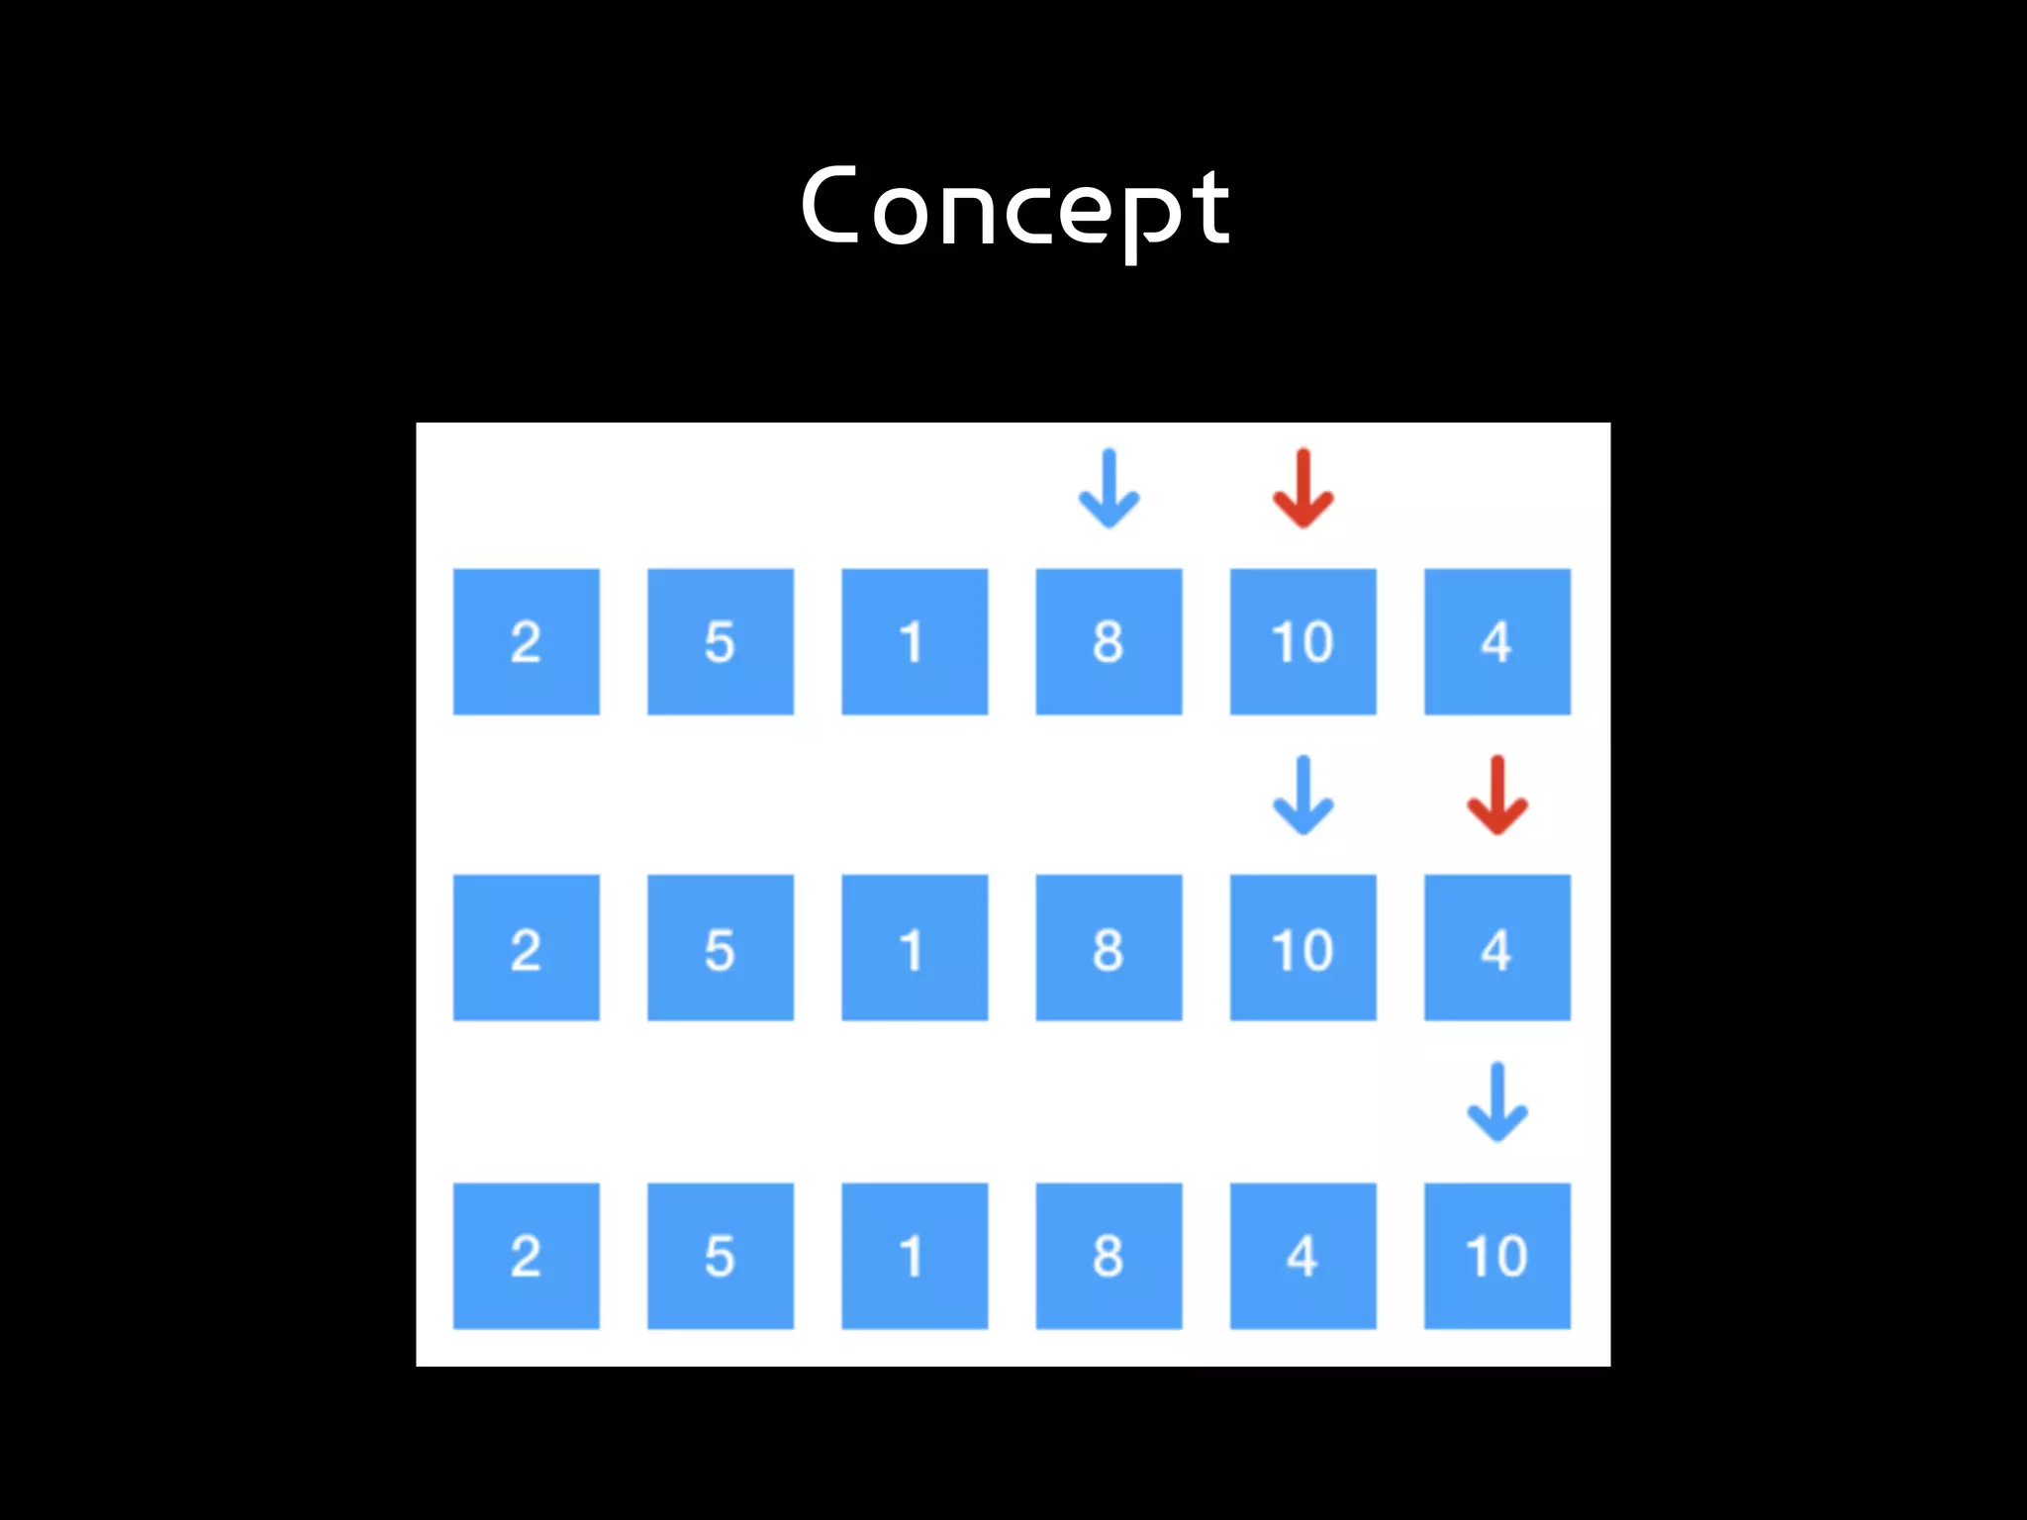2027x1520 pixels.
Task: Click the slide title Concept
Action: point(1014,208)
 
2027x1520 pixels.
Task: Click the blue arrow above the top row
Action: point(1109,489)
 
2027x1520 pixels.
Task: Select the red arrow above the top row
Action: point(1303,489)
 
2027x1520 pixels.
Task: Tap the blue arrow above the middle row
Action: point(1303,796)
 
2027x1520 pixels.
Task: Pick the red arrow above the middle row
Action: point(1496,796)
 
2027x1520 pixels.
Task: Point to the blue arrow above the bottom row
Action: point(1496,1102)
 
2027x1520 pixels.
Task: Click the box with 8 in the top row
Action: point(1109,641)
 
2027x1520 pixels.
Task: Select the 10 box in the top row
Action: point(1303,641)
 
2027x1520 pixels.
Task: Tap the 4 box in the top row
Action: point(1496,641)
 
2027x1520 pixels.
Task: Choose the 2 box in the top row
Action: point(526,641)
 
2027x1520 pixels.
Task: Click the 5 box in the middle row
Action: point(720,948)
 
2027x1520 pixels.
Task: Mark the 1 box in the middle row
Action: point(915,948)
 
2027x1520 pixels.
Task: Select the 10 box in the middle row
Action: point(1303,948)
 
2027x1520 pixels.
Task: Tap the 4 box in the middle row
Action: point(1496,948)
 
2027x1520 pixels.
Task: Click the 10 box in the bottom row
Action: point(1496,1256)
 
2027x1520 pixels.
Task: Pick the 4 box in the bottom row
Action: point(1303,1256)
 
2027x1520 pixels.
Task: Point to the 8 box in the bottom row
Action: point(1109,1256)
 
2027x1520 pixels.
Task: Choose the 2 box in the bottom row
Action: point(526,1256)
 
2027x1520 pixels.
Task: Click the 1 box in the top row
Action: point(915,641)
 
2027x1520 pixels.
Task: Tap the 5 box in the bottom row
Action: point(720,1256)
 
